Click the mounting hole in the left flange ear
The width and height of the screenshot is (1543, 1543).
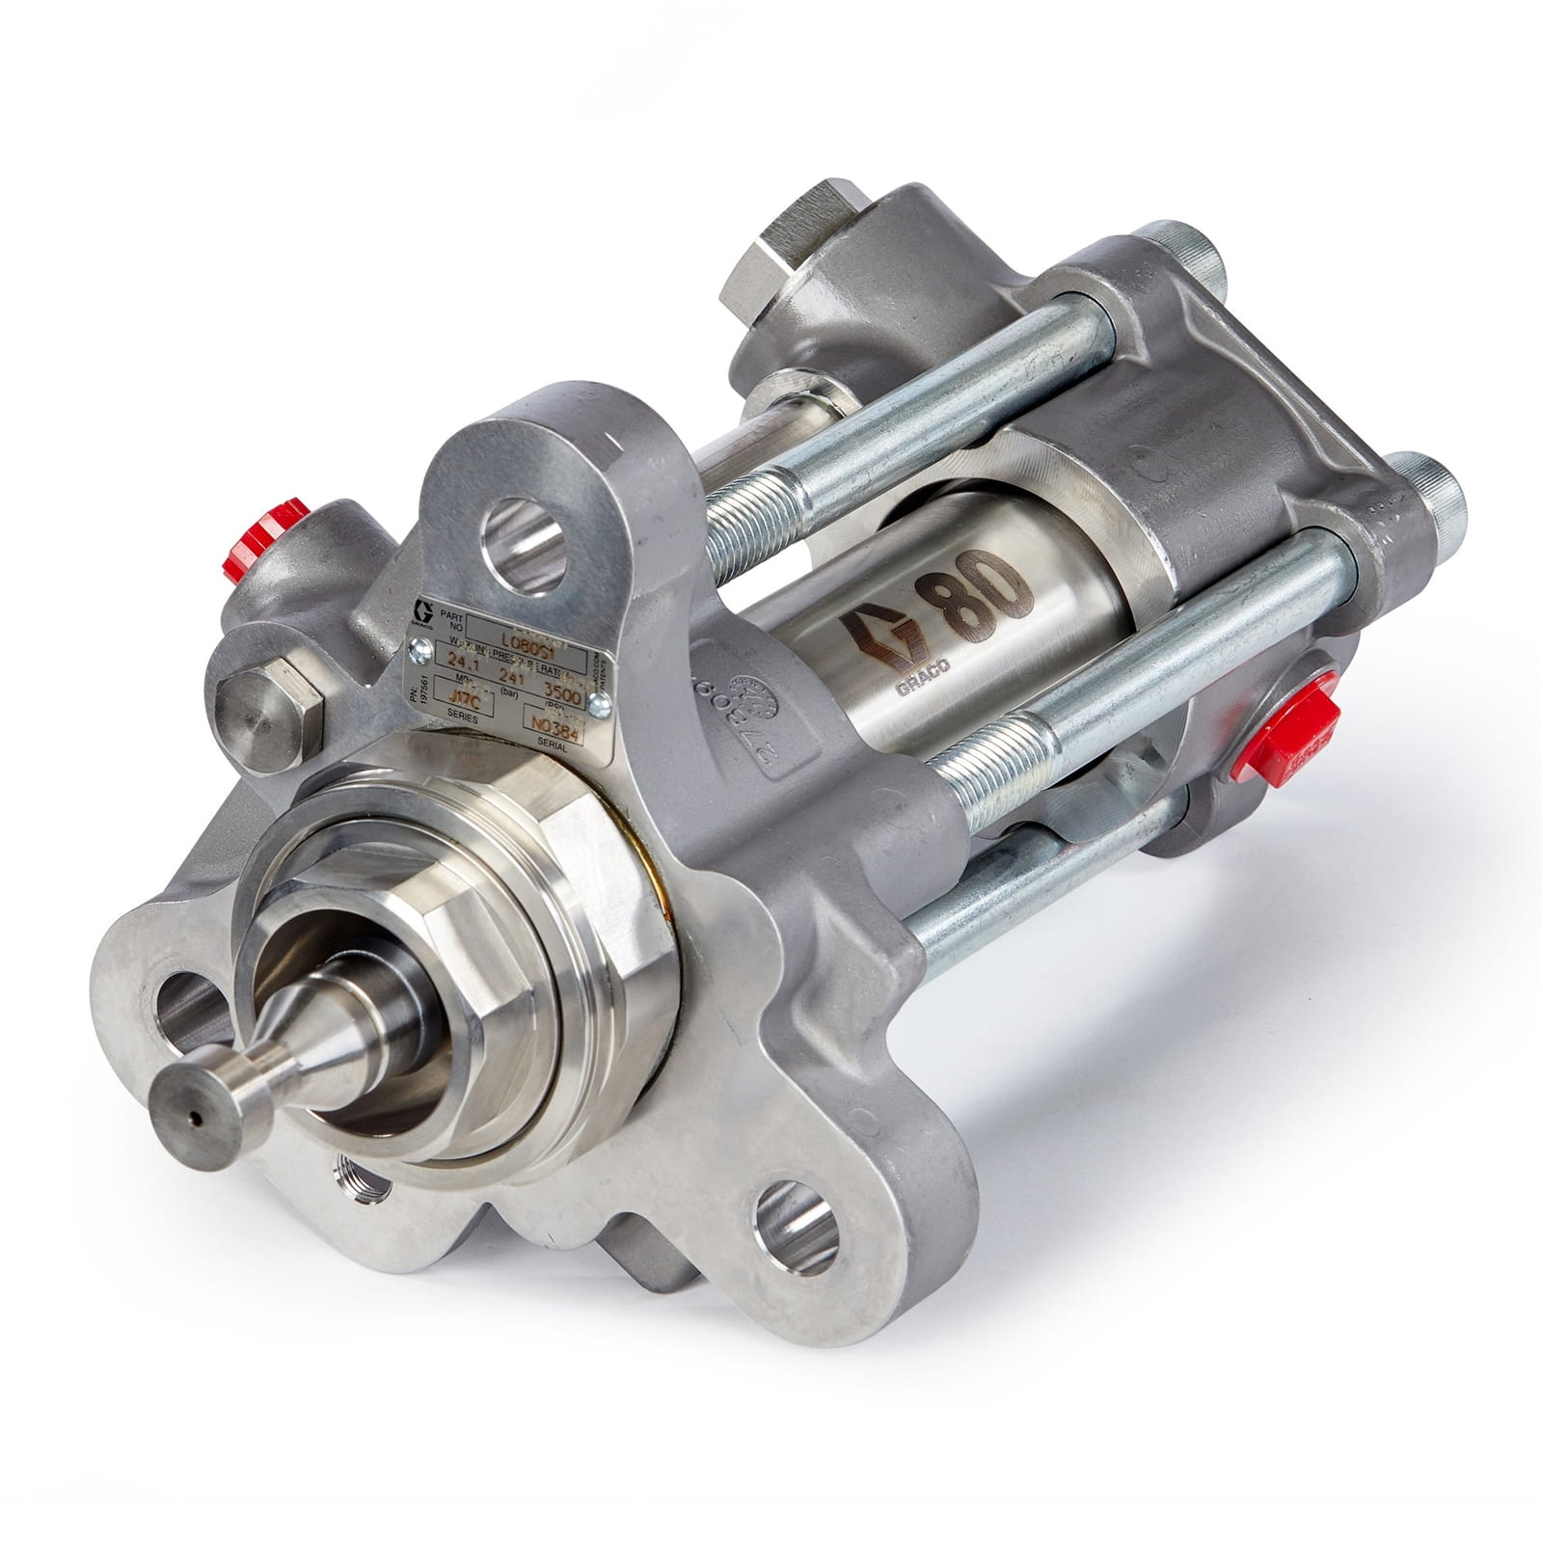point(186,1015)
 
